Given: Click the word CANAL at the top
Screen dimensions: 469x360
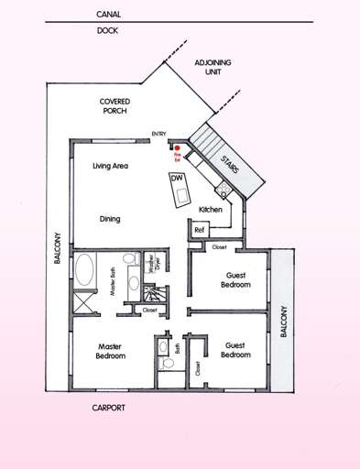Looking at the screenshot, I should point(108,15).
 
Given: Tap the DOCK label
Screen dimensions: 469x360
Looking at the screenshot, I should point(106,30).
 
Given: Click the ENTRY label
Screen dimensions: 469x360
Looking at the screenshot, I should point(158,135).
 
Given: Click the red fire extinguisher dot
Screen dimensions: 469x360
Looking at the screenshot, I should point(176,146).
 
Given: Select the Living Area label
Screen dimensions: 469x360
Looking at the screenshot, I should point(110,167).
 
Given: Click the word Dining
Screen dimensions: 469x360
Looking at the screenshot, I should point(110,219).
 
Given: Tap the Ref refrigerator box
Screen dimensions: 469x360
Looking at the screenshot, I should point(200,230).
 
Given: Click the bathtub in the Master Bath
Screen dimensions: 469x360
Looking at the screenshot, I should point(85,271).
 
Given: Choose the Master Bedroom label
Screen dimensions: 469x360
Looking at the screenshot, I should point(111,351).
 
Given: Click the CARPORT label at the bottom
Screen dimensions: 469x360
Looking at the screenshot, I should point(108,407).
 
